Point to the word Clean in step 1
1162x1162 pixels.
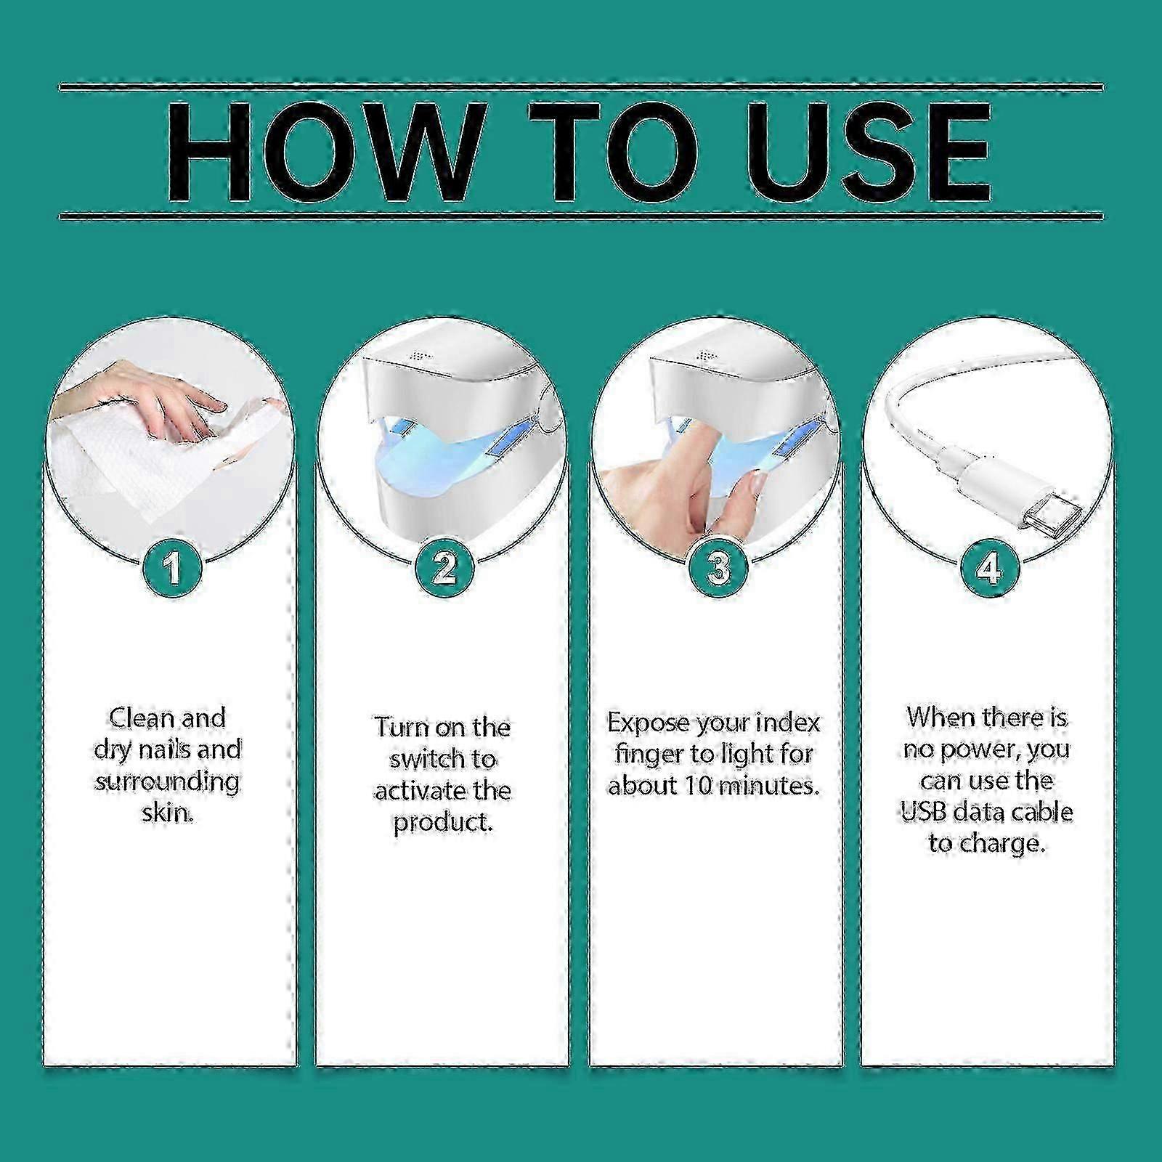coord(141,718)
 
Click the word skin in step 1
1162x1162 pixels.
coord(167,813)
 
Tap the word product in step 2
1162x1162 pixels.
coord(443,822)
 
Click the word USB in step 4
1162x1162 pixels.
coord(924,811)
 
